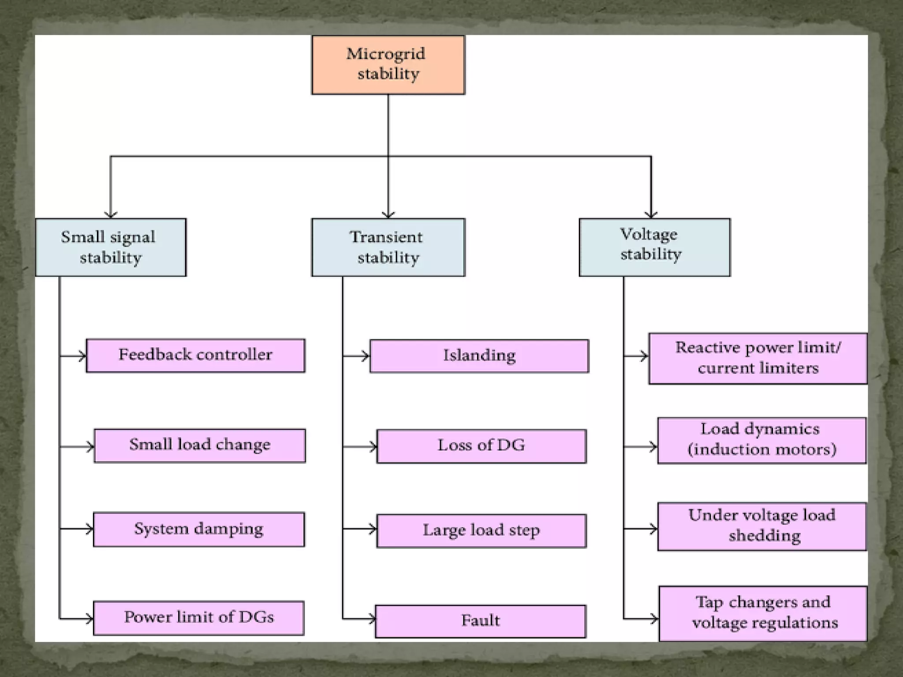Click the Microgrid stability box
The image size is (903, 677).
388,65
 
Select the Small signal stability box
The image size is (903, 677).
110,247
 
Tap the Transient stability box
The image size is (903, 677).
388,247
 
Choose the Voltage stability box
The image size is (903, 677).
654,247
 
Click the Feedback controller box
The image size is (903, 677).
195,355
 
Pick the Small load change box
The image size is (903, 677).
200,446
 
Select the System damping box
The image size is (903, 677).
199,529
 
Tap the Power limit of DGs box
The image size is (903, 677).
199,618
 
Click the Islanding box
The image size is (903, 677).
479,356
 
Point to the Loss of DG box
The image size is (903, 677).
481,446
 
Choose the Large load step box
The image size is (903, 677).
481,531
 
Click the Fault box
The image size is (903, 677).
481,621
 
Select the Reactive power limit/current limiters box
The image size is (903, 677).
758,358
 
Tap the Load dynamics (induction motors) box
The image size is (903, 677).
761,440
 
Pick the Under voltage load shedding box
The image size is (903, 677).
761,526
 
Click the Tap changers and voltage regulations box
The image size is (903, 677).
763,613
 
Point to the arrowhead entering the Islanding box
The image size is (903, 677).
366,356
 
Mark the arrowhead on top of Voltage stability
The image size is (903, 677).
651,215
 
